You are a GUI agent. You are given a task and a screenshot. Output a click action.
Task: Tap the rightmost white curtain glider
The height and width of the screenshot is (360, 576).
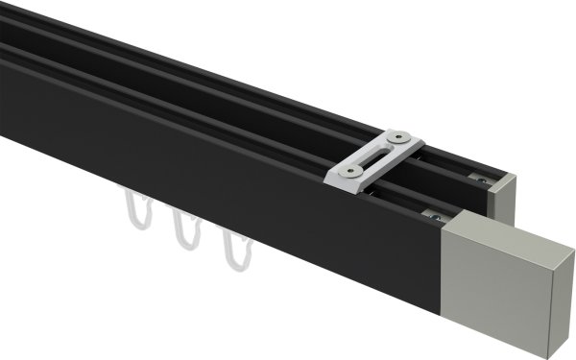[230, 252]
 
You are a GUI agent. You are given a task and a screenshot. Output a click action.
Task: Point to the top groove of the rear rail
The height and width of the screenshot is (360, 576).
[240, 86]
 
